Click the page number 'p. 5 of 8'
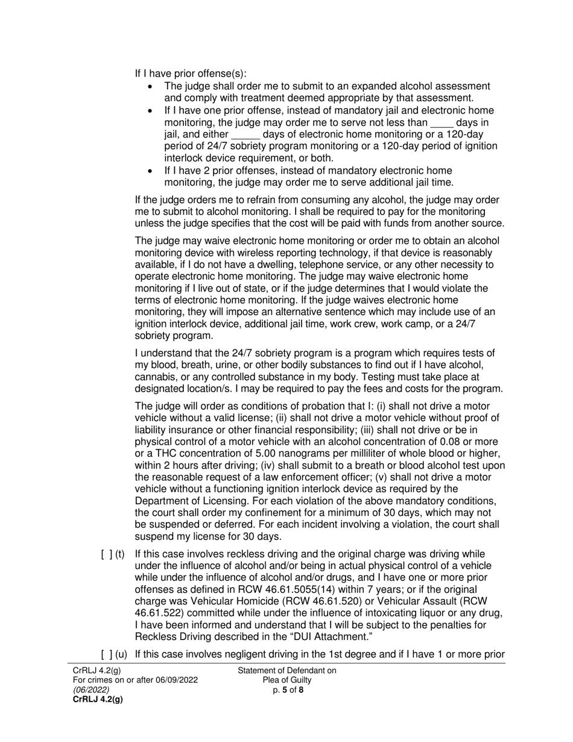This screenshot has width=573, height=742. click(288, 690)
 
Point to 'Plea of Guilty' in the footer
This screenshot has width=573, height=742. click(287, 680)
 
